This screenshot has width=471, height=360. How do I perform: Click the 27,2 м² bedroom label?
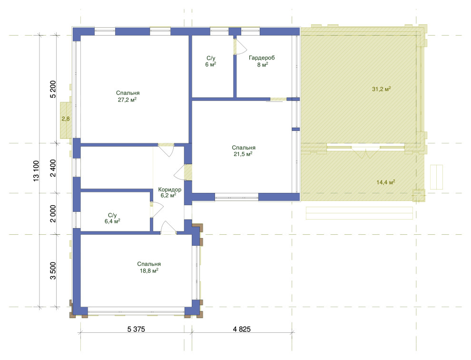click(x=128, y=97)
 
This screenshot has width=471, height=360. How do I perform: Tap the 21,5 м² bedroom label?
click(x=243, y=151)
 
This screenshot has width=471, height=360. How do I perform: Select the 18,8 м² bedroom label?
click(x=149, y=267)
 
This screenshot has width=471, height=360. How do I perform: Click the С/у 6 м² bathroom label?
click(x=211, y=61)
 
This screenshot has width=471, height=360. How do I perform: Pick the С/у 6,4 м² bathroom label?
click(x=112, y=219)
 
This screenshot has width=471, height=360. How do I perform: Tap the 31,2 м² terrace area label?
click(x=382, y=89)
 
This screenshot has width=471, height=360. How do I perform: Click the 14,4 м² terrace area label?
click(x=386, y=182)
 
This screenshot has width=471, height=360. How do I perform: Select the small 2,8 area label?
click(x=66, y=119)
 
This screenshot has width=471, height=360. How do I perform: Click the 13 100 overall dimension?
click(x=36, y=171)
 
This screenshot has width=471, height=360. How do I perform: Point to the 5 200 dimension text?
click(x=53, y=90)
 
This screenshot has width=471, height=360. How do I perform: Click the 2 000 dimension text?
click(x=53, y=214)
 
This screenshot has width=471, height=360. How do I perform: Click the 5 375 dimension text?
click(x=136, y=330)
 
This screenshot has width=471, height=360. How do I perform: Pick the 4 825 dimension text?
click(x=242, y=330)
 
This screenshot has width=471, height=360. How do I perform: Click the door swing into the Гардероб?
click(x=240, y=47)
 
